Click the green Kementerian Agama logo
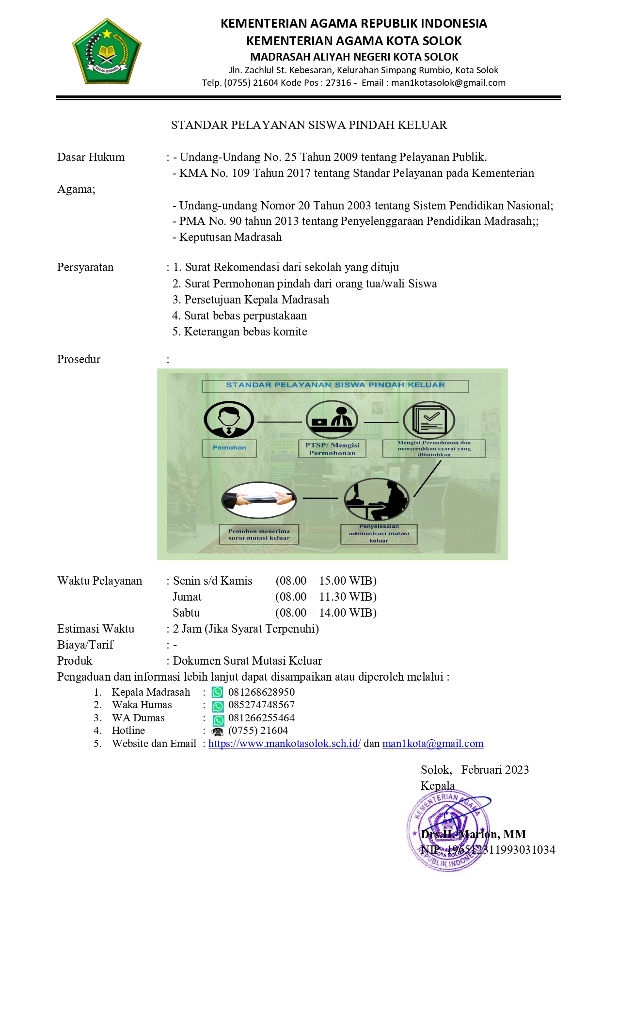[x=107, y=51]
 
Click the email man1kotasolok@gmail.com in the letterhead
[x=448, y=83]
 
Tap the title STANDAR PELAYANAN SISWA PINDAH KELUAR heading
[x=309, y=125]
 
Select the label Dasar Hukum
[x=91, y=157]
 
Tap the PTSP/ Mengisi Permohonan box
[x=332, y=449]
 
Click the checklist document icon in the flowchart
[x=429, y=420]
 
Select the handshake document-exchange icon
[x=259, y=500]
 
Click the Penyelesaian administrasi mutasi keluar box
[x=379, y=534]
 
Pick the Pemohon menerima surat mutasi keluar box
[x=259, y=534]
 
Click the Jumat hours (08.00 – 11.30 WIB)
[x=326, y=597]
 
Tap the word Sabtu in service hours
[x=186, y=613]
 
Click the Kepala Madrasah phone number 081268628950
[x=261, y=692]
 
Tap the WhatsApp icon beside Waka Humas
[x=218, y=706]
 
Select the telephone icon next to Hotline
[x=218, y=732]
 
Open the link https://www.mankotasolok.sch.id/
[x=285, y=744]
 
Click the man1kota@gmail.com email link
[x=433, y=744]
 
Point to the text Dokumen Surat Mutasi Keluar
[x=247, y=661]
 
